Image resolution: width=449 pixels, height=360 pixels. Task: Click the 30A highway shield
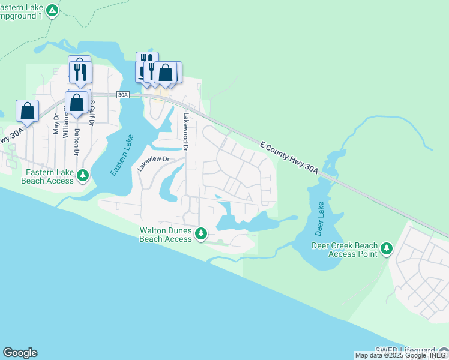(x=122, y=95)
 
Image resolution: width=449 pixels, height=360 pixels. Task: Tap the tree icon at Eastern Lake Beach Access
(x=83, y=175)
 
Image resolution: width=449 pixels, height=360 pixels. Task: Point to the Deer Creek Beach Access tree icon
(x=387, y=248)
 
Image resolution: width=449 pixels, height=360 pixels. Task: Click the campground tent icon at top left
(x=53, y=10)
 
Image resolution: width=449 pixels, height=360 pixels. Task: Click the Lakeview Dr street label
(x=154, y=164)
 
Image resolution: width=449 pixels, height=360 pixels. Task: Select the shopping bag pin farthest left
(x=27, y=110)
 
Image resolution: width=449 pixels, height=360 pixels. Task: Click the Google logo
(x=20, y=353)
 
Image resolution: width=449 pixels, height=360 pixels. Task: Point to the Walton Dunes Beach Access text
(x=166, y=234)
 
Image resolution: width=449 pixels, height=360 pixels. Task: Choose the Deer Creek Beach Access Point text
(x=345, y=250)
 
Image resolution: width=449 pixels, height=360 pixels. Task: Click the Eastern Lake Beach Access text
(x=48, y=175)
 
